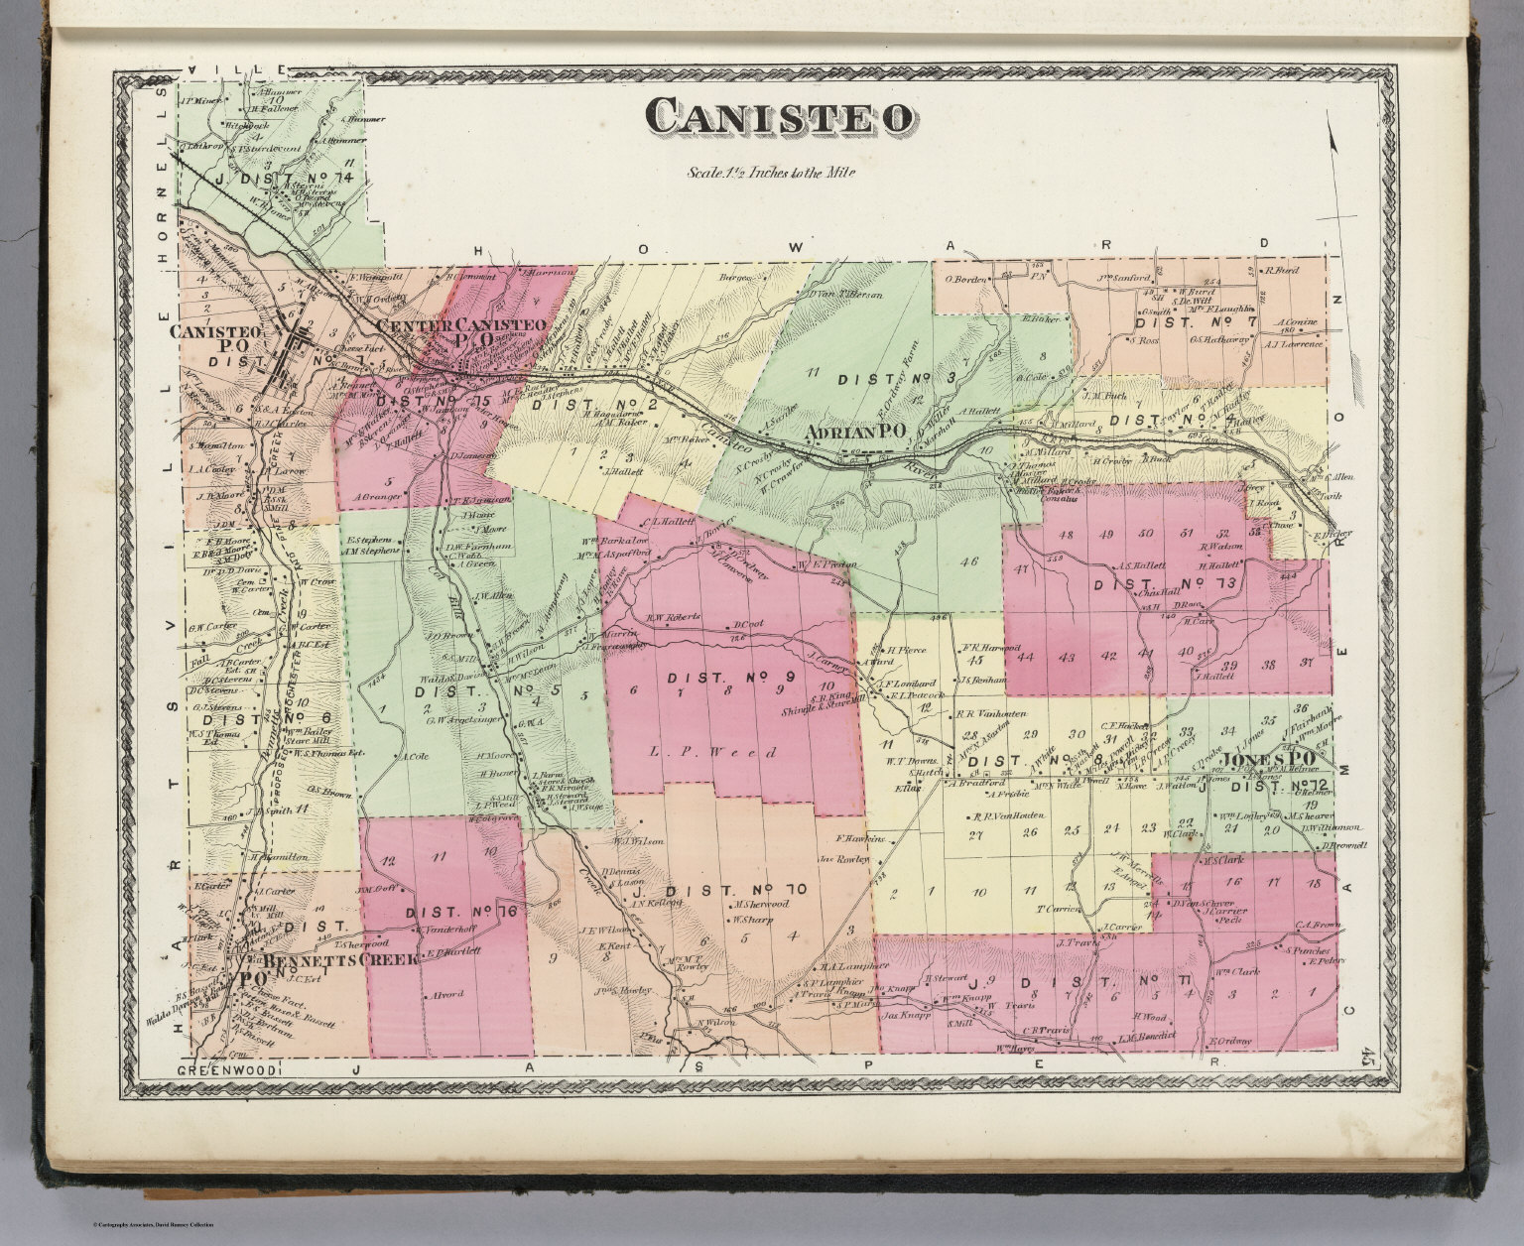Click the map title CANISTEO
780,117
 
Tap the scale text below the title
771,172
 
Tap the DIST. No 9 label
732,679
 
